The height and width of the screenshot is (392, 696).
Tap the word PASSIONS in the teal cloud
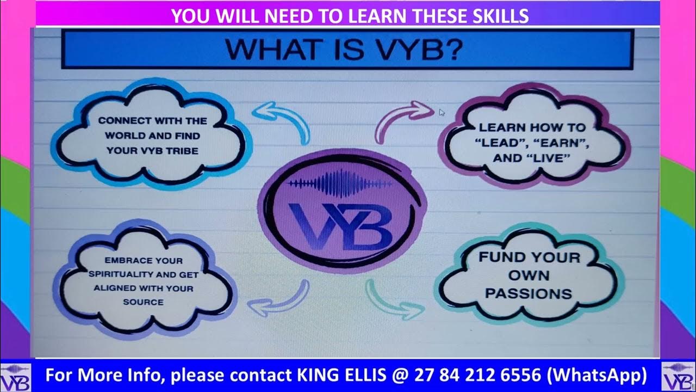point(528,293)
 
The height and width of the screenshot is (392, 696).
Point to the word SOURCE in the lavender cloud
point(143,302)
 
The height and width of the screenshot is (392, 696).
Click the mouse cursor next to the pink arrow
point(442,112)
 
